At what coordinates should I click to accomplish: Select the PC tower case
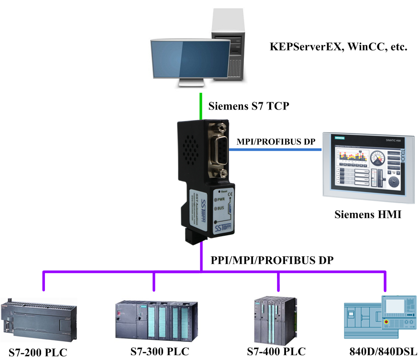228,45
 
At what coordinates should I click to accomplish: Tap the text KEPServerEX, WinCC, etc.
338,47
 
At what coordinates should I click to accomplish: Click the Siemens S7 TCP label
249,106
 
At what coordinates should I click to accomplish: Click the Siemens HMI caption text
367,215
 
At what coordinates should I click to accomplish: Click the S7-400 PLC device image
274,318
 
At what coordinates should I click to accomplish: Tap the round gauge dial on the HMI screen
379,157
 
